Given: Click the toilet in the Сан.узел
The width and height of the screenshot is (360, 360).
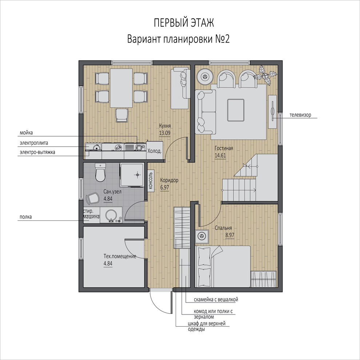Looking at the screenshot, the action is [100, 172].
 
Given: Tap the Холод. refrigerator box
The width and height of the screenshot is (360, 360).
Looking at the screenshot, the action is [155, 150].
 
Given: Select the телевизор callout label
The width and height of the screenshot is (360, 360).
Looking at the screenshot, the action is [300, 115].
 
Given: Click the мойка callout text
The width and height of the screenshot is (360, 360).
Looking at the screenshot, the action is [26, 133].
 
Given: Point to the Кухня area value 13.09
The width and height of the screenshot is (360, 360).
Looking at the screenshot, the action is [165, 133].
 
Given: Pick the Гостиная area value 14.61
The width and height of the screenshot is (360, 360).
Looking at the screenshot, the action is [220, 155].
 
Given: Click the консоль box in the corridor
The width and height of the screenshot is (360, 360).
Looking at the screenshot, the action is [151, 181].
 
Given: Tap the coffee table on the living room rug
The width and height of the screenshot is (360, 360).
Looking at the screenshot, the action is [236, 110].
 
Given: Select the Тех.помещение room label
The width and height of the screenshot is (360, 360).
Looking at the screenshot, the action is [120, 256].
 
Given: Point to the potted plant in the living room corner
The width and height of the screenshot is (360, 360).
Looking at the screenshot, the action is [266, 75].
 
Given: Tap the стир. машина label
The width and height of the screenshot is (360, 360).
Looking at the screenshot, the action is [91, 214].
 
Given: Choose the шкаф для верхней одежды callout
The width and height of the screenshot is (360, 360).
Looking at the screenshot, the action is [207, 326].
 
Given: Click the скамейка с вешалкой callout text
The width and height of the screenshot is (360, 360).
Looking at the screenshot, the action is [216, 300].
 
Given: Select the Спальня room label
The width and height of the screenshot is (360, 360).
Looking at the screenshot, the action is [223, 228].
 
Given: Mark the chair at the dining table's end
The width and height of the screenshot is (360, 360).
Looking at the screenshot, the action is [121, 115].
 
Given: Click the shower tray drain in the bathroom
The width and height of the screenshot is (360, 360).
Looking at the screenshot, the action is [137, 175].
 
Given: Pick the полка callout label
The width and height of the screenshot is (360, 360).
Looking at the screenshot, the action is [26, 217].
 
